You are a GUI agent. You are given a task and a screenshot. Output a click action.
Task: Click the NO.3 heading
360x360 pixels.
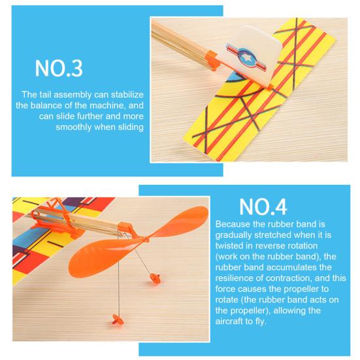click(x=59, y=68)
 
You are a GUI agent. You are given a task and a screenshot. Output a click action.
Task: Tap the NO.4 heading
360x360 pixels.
click(x=263, y=207)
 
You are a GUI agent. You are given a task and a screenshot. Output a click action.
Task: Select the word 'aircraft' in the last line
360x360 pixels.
click(x=229, y=321)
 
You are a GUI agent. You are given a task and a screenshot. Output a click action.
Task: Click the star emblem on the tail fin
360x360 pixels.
click(x=247, y=57)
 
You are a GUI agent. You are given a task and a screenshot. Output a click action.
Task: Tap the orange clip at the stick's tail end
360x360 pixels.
click(x=212, y=61)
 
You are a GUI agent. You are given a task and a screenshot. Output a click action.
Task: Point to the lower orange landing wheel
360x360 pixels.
click(x=118, y=319)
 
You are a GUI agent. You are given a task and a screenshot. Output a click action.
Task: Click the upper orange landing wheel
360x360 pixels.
click(x=154, y=278)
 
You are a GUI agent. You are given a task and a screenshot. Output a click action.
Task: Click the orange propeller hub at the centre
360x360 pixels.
click(x=144, y=240)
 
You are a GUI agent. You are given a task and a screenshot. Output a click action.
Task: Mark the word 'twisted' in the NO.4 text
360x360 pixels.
click(x=229, y=246)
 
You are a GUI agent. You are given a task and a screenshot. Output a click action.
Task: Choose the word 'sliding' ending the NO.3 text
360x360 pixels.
click(x=131, y=127)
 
